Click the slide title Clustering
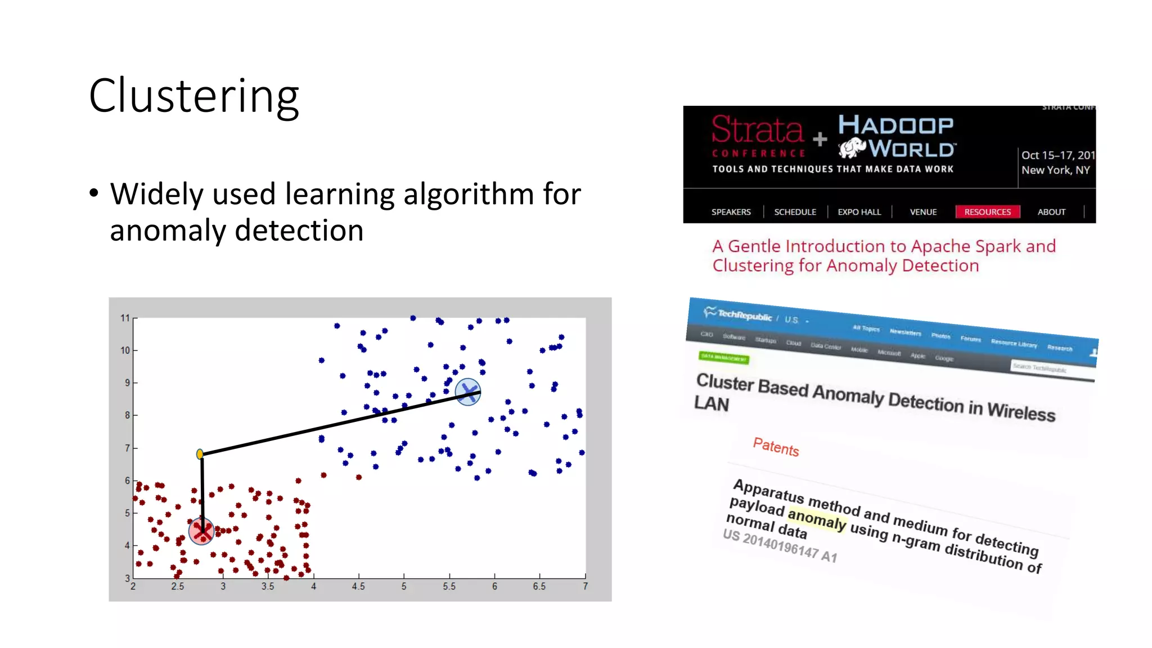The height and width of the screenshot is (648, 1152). [x=193, y=97]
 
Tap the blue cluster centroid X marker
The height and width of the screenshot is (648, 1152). [x=467, y=391]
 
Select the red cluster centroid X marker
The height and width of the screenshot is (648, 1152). [x=201, y=531]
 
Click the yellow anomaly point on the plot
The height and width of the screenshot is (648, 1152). [x=200, y=454]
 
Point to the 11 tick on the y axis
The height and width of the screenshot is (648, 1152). [x=125, y=318]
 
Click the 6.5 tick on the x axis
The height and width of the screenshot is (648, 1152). [x=539, y=586]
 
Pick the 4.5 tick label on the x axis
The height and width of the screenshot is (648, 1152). [x=358, y=586]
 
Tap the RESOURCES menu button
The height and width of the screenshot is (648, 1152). [x=987, y=212]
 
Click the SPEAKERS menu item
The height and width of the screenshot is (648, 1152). [x=731, y=212]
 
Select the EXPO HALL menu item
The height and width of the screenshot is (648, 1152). [x=859, y=212]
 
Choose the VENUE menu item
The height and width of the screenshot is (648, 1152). [x=923, y=212]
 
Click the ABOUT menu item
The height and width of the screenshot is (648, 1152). [x=1051, y=212]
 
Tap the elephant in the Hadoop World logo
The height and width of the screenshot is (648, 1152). [x=852, y=147]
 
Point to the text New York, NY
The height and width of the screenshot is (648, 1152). [x=1055, y=170]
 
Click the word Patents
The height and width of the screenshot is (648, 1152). [x=776, y=447]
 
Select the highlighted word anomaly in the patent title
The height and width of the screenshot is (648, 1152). [x=817, y=519]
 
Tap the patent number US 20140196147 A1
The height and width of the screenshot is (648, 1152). [x=780, y=546]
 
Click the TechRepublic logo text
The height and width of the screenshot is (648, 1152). [x=744, y=315]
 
